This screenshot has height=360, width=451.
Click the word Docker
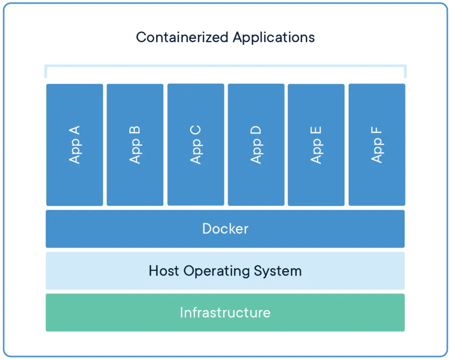point(225,229)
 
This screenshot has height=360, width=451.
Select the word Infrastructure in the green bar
point(225,313)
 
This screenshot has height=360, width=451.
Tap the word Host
point(164,271)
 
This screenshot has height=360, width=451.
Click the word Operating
point(217,271)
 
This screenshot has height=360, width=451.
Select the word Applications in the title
point(274,37)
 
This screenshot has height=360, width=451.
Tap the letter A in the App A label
point(75,130)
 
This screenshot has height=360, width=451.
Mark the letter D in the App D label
point(256,130)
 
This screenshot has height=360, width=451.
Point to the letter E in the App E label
point(316,130)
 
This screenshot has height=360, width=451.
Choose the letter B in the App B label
point(135,130)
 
